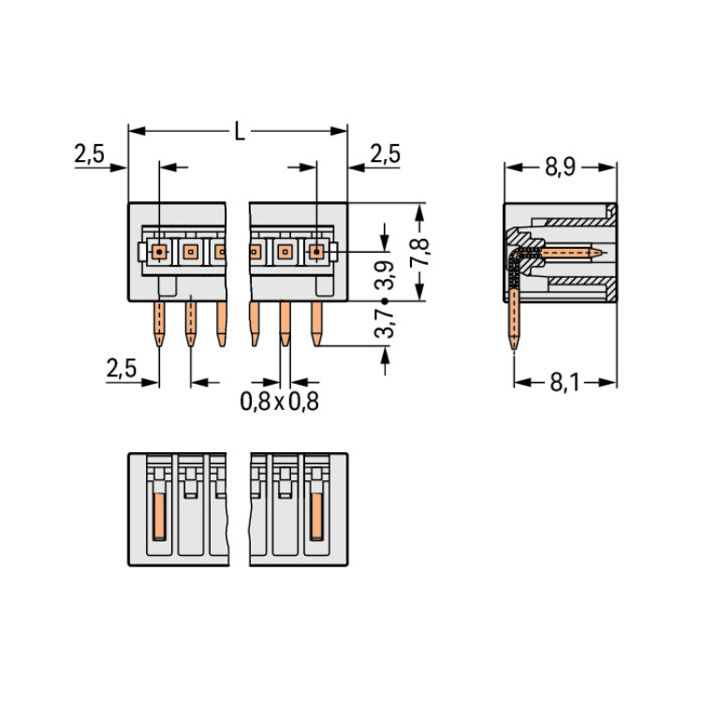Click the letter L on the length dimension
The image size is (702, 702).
pos(240,131)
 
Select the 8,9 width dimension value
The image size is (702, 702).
pos(560,168)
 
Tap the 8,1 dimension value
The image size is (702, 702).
pos(563,382)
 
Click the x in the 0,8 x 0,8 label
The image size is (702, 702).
pos(279,403)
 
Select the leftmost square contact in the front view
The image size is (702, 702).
pos(159,251)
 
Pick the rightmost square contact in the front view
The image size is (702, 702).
pos(316,251)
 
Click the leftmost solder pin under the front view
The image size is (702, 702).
pos(159,324)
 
